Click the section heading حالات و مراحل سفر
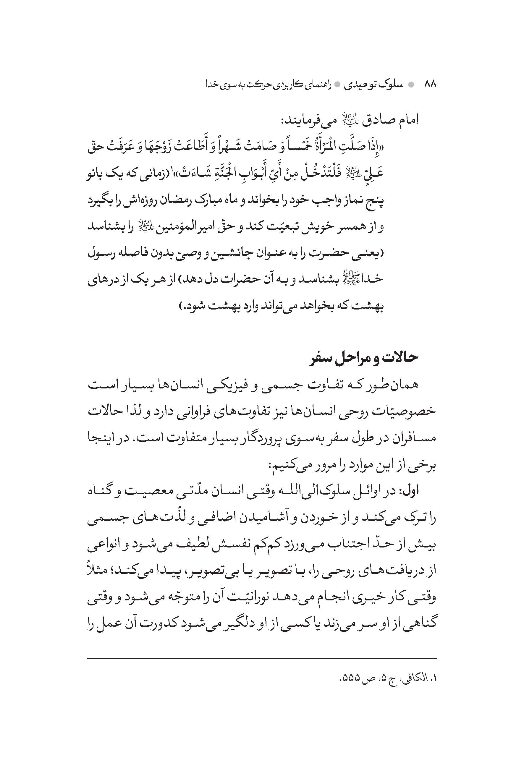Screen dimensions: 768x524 (x=364, y=358)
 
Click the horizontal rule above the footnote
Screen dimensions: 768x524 (x=262, y=659)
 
